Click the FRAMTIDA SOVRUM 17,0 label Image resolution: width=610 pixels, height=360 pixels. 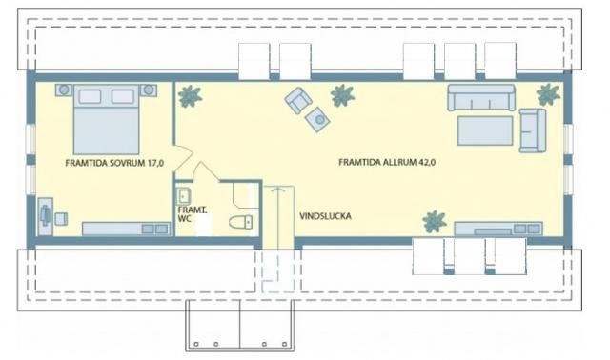(x=114, y=163)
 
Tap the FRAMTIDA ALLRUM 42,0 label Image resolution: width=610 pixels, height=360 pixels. (x=387, y=162)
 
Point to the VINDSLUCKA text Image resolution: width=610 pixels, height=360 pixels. (x=325, y=216)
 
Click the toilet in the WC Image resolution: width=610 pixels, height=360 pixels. (x=241, y=222)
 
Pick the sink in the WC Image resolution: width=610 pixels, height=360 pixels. (x=183, y=196)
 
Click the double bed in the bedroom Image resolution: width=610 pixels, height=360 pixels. (x=106, y=119)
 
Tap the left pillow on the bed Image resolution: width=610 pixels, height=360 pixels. (x=90, y=96)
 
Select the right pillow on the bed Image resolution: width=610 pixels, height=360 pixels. (x=123, y=96)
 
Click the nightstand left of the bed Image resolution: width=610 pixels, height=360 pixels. (x=64, y=90)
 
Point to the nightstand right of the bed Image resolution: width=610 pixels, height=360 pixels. (x=149, y=90)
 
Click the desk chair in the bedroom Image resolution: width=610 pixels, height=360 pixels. (x=61, y=219)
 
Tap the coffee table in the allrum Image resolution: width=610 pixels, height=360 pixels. (x=485, y=130)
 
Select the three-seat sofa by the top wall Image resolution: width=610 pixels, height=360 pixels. (x=481, y=97)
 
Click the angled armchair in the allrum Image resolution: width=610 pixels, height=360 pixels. (x=298, y=99)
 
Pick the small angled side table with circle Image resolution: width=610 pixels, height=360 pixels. (x=317, y=119)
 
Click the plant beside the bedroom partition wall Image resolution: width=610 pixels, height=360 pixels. (x=190, y=95)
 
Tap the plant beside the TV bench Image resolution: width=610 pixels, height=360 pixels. (x=435, y=222)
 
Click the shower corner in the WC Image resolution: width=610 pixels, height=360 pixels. (x=246, y=194)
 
